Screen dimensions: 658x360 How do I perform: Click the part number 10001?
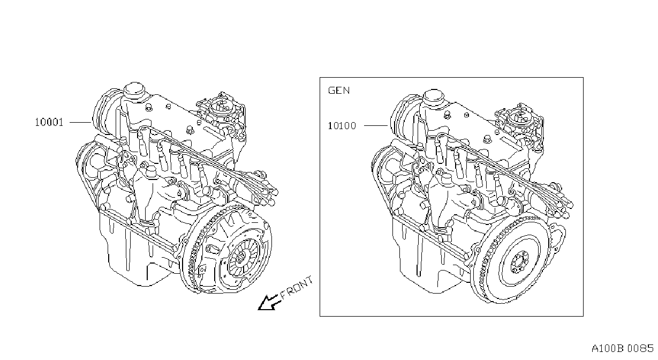point(49,122)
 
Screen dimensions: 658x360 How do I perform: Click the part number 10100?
point(342,126)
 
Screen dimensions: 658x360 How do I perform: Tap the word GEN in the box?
point(339,90)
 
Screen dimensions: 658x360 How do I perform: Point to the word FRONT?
point(296,288)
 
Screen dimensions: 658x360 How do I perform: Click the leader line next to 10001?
point(80,122)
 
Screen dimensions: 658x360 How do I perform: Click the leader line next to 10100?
point(376,126)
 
